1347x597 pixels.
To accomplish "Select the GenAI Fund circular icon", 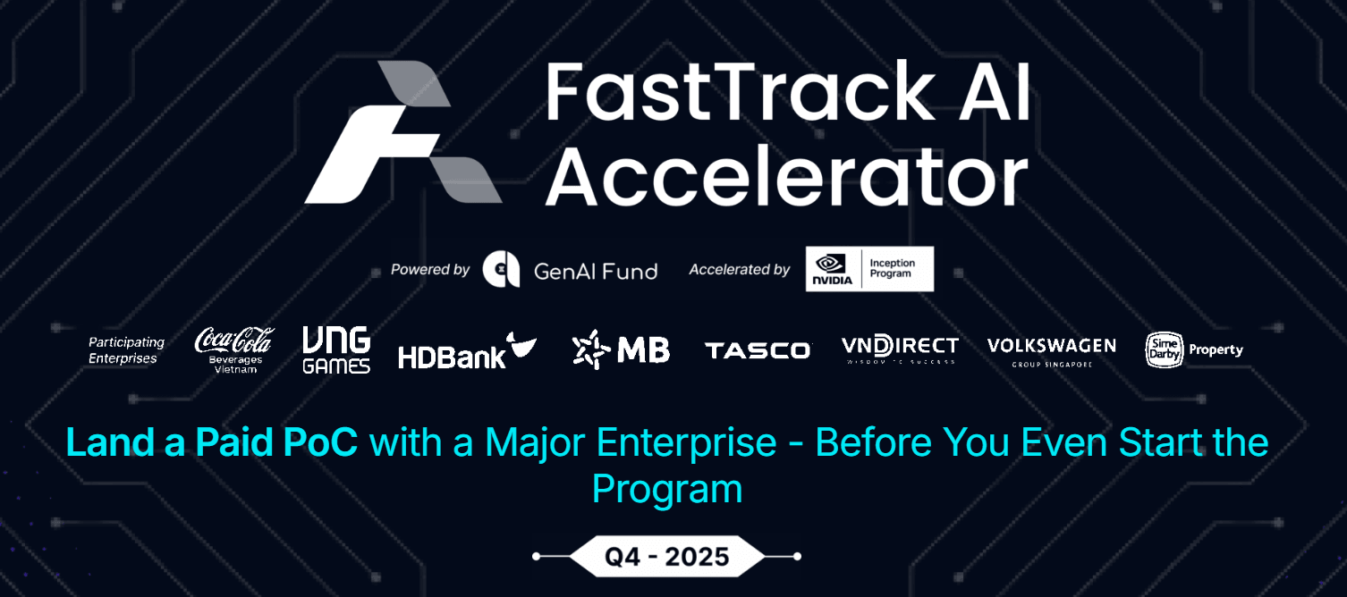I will click(501, 270).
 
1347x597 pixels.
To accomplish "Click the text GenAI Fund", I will click(595, 271).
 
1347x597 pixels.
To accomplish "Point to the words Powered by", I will click(430, 270).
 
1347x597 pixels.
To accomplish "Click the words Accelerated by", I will click(739, 270).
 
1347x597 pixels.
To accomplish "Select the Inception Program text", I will click(893, 269).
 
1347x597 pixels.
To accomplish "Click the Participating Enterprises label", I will click(126, 350).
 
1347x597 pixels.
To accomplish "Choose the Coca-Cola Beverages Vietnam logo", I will click(234, 349).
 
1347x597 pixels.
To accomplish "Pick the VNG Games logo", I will click(336, 349).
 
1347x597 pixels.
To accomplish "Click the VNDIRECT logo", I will click(900, 349).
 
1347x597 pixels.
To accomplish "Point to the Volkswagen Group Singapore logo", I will click(1051, 350).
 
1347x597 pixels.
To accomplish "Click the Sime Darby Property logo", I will click(1194, 350).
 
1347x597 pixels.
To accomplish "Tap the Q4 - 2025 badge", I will click(667, 557).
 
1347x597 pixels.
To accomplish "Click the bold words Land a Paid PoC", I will click(212, 443).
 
